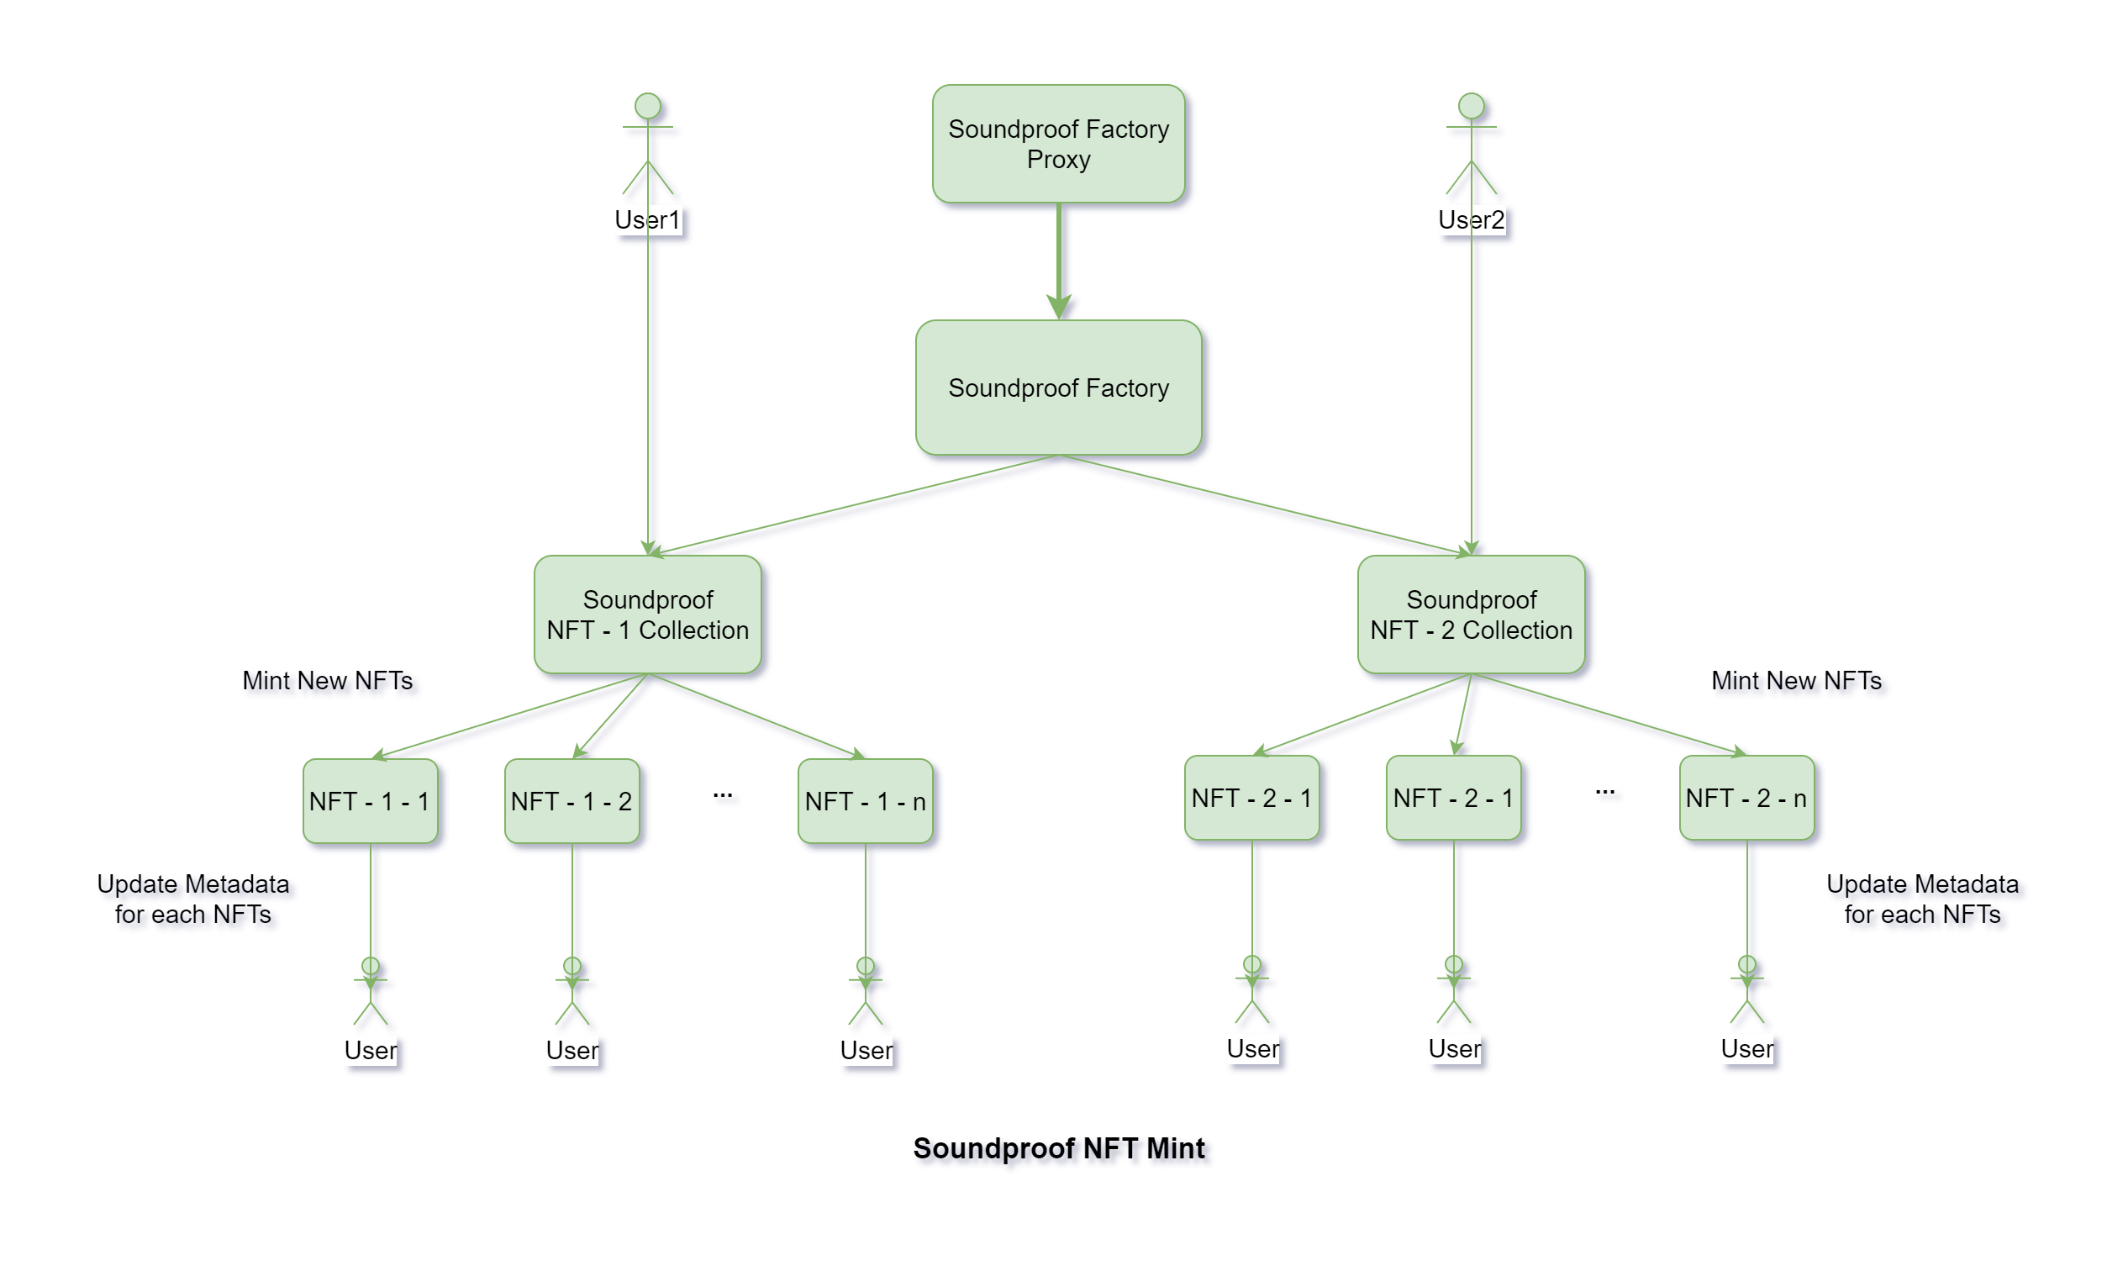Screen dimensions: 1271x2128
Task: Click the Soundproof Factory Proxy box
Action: [x=1058, y=144]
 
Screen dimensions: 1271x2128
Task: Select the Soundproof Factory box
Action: [x=1058, y=388]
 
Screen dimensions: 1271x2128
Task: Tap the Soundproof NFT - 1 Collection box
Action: [x=647, y=615]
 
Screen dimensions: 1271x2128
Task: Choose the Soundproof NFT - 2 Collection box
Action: [x=1471, y=615]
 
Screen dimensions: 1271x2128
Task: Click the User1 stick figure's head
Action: [x=647, y=106]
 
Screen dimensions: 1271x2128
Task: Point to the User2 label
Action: [x=1471, y=220]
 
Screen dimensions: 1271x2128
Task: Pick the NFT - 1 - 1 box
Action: [x=370, y=802]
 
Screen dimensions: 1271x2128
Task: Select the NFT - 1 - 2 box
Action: [x=572, y=802]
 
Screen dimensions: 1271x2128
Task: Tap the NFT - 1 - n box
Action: [x=865, y=802]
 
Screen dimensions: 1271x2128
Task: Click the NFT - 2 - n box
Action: [x=1747, y=799]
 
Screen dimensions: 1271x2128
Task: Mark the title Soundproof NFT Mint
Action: [x=1058, y=1148]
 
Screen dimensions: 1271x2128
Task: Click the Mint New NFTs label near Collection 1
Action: [x=327, y=681]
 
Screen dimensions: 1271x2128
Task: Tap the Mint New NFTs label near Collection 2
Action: [x=1796, y=681]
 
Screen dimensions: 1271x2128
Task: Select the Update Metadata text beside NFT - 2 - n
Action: [x=1921, y=899]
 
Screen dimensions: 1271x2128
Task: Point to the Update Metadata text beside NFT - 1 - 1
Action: [x=192, y=899]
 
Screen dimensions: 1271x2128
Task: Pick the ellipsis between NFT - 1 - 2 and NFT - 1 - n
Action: [x=722, y=796]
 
